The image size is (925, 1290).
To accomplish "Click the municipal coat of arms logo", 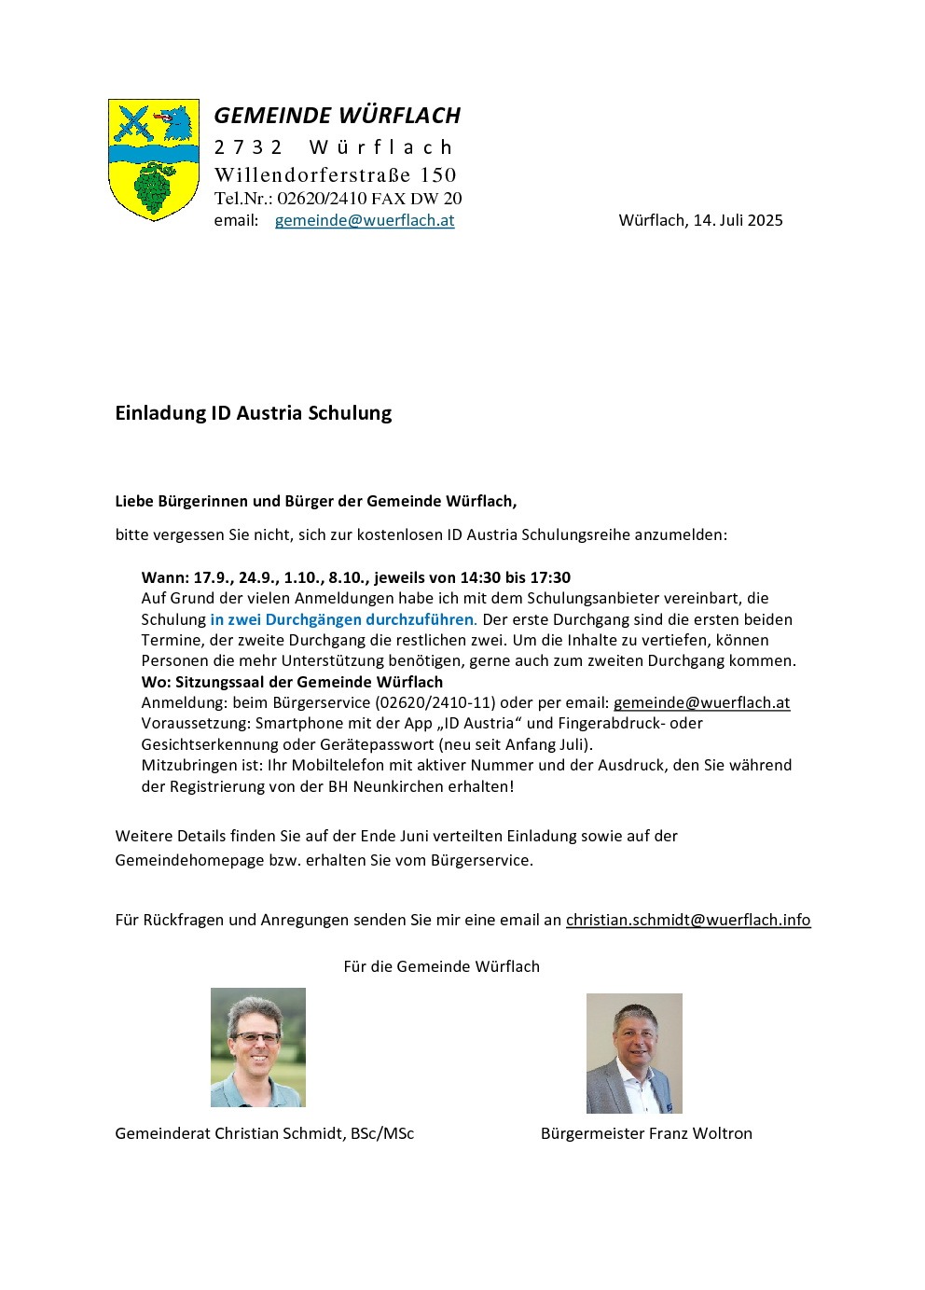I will pos(154,160).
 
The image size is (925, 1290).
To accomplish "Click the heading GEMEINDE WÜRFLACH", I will pos(337,116).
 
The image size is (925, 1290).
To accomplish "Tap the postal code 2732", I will pos(248,147).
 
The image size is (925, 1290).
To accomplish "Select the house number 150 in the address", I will pos(438,175).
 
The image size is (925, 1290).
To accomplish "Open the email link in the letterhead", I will pos(365,221).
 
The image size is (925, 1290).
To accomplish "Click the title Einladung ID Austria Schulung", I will pos(253,413).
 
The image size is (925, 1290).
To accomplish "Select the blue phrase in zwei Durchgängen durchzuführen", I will pos(341,619).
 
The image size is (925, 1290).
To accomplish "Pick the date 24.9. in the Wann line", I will pos(255,577).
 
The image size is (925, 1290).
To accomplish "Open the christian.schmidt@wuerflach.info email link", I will pos(687,920).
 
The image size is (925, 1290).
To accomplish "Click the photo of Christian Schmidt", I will pos(258,1047).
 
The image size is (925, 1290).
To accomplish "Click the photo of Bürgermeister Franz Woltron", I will pos(634,1053).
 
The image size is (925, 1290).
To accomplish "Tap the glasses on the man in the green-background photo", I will pos(255,1036).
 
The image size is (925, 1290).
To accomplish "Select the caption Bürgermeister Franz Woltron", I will pos(646,1133).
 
